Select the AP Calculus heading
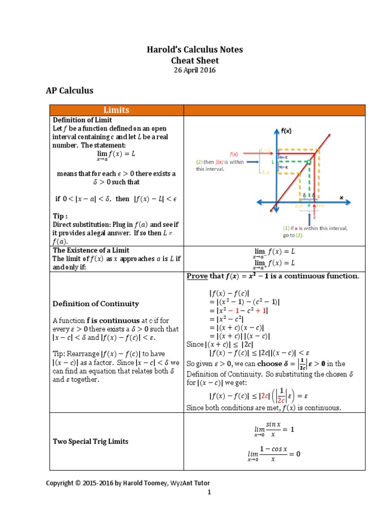pyautogui.click(x=70, y=91)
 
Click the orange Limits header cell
pyautogui.click(x=116, y=110)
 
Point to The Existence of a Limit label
pyautogui.click(x=91, y=250)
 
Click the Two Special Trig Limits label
pyautogui.click(x=90, y=441)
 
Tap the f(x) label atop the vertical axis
pyautogui.click(x=286, y=130)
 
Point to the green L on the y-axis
pyautogui.click(x=273, y=162)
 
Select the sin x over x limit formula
pyautogui.click(x=274, y=429)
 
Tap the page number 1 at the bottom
pyautogui.click(x=208, y=493)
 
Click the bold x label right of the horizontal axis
pyautogui.click(x=341, y=197)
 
